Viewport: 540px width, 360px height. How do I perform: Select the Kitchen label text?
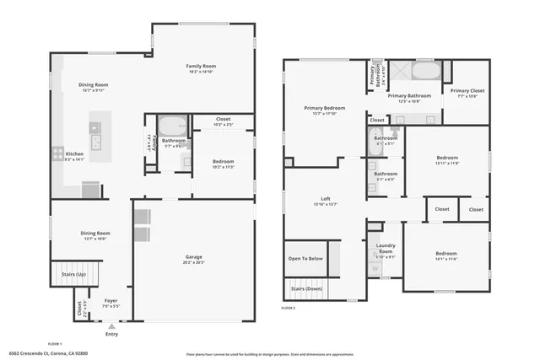[75, 154]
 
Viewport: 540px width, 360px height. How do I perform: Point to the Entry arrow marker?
[111, 325]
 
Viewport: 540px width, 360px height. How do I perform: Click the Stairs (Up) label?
[75, 274]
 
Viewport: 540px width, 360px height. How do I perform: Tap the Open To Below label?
[305, 258]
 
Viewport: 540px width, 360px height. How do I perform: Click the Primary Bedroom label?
[325, 109]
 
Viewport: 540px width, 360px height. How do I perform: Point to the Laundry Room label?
[385, 251]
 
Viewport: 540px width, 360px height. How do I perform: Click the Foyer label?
[111, 299]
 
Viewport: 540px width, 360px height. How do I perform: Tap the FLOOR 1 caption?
[56, 344]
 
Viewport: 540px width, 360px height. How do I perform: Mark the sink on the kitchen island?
[95, 139]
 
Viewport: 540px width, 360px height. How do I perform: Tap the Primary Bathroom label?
[409, 96]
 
